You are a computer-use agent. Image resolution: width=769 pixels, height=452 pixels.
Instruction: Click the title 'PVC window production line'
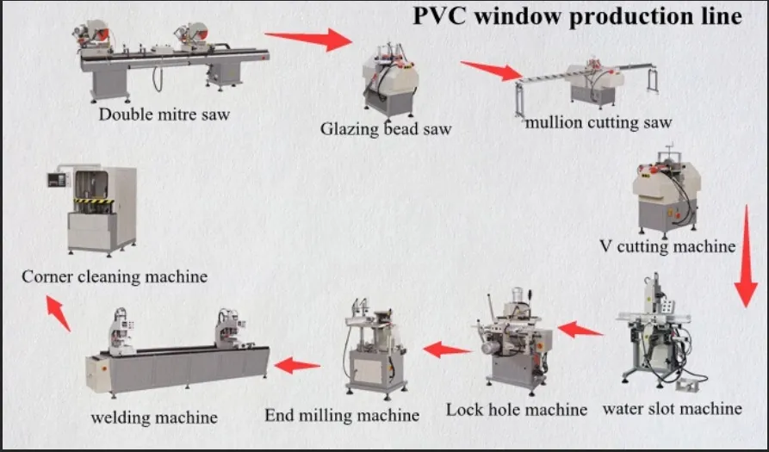point(576,16)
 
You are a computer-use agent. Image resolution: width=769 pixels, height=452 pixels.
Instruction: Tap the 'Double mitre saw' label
point(164,114)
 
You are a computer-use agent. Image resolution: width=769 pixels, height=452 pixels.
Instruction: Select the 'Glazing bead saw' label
point(386,129)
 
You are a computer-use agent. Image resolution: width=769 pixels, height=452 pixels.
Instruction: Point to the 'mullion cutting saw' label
point(598,122)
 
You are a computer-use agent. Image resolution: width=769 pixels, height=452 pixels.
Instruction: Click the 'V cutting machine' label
point(667,246)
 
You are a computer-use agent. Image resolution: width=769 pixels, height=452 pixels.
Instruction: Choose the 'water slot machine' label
point(672,408)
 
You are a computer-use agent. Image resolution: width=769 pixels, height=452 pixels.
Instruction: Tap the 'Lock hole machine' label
point(517,410)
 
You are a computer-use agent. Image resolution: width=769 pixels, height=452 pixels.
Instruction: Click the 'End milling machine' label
point(342,415)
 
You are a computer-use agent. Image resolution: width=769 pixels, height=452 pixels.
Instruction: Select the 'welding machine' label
point(154,418)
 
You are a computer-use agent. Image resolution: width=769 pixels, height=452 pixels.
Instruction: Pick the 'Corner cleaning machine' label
point(115,276)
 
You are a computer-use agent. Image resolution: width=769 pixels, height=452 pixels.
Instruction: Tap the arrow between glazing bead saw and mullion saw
point(492,70)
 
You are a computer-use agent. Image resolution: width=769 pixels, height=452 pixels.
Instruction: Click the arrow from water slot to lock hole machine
point(580,329)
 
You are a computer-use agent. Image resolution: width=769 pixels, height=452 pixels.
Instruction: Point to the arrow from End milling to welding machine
point(297,365)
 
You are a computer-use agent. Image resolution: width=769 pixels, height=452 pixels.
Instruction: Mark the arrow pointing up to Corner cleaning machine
point(58,313)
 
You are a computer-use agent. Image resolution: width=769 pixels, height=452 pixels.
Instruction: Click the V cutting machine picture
point(664,197)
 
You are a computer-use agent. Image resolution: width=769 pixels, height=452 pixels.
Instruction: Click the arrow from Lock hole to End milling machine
point(447,350)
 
